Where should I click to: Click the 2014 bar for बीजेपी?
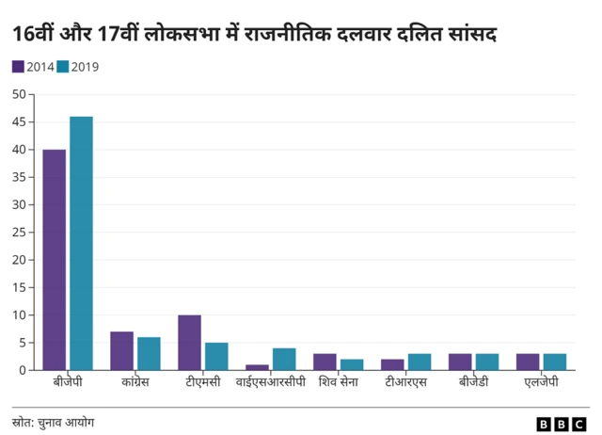click(55, 260)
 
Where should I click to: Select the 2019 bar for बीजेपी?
click(82, 243)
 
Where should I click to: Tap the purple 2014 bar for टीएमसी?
click(190, 343)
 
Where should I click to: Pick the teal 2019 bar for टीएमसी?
click(216, 357)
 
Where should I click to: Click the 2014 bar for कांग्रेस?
click(122, 351)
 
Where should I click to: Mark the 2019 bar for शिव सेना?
click(352, 364)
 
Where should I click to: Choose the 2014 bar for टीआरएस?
click(392, 364)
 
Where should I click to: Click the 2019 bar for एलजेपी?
click(554, 362)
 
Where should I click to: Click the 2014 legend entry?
click(33, 67)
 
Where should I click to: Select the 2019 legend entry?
click(77, 67)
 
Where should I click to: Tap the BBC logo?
click(562, 424)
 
